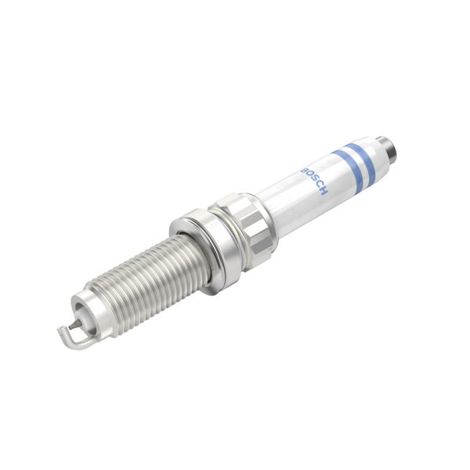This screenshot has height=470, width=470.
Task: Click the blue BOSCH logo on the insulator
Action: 314,180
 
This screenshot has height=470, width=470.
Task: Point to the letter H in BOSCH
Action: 324,191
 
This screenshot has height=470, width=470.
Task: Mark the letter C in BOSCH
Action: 320,186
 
